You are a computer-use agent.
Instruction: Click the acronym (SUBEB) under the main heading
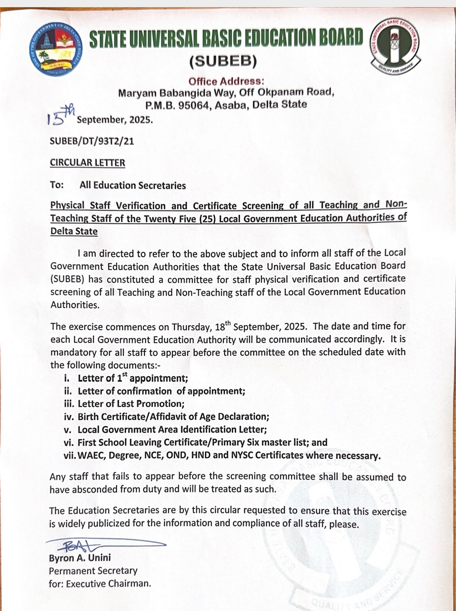[223, 62]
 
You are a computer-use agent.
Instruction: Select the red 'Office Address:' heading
[226, 81]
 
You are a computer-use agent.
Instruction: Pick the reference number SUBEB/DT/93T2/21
[92, 141]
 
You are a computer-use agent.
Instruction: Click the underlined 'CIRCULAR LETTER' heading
[87, 163]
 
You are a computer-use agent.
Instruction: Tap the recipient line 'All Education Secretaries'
[133, 185]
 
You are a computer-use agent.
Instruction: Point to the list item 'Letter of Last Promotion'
[131, 404]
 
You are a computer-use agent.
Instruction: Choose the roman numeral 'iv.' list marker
[69, 417]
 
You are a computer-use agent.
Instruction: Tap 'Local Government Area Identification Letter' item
[172, 430]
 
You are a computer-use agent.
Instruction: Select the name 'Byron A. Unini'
[80, 558]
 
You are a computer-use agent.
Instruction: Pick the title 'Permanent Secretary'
[93, 571]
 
